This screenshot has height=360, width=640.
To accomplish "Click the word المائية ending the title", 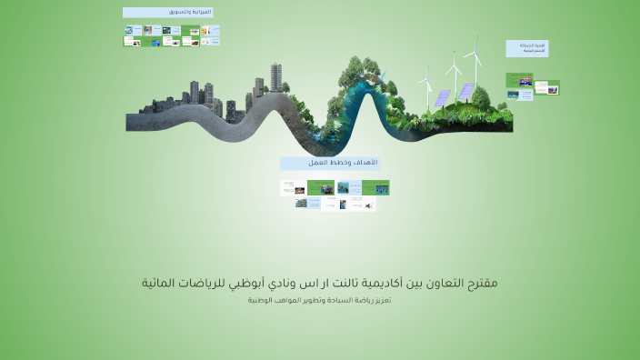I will coord(161,283).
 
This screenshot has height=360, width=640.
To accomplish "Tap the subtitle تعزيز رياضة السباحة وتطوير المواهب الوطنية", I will coord(319,300).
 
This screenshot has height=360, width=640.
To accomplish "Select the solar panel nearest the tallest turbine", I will coord(466,92).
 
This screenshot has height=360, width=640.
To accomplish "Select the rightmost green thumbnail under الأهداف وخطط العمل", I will coord(375,188).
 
